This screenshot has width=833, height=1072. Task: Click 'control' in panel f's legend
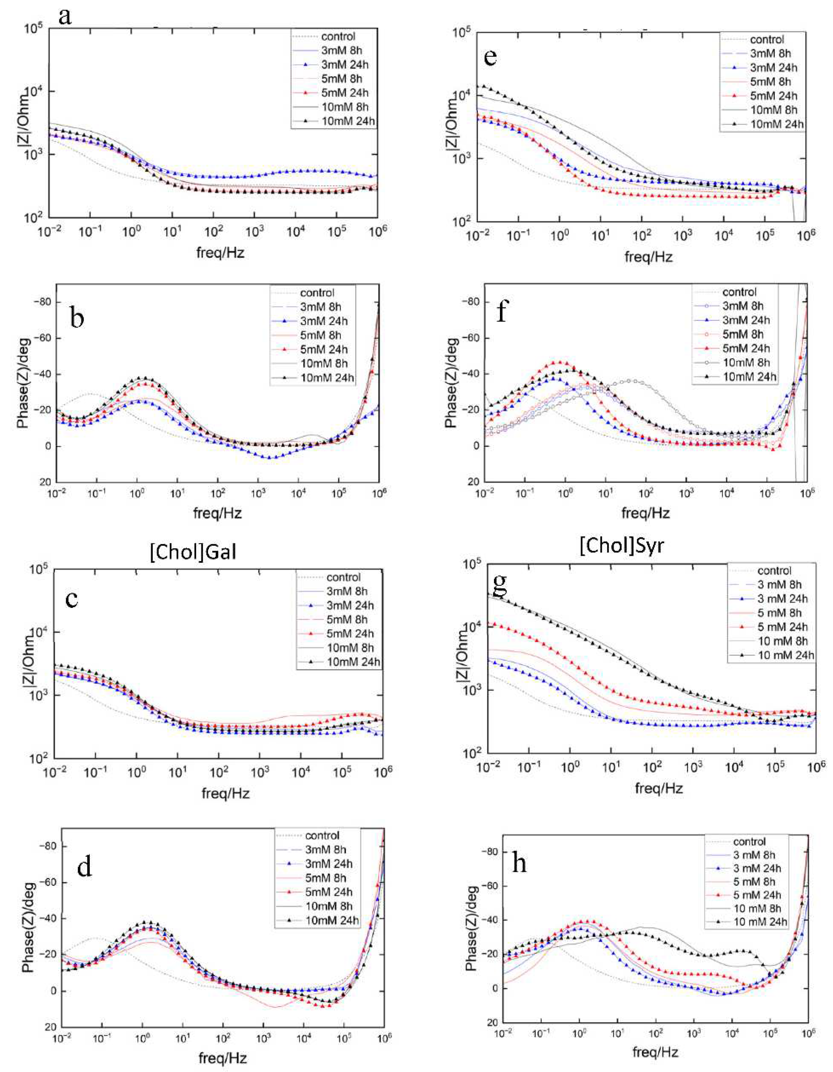[739, 292]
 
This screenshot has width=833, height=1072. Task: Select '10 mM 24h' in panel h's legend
[760, 922]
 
